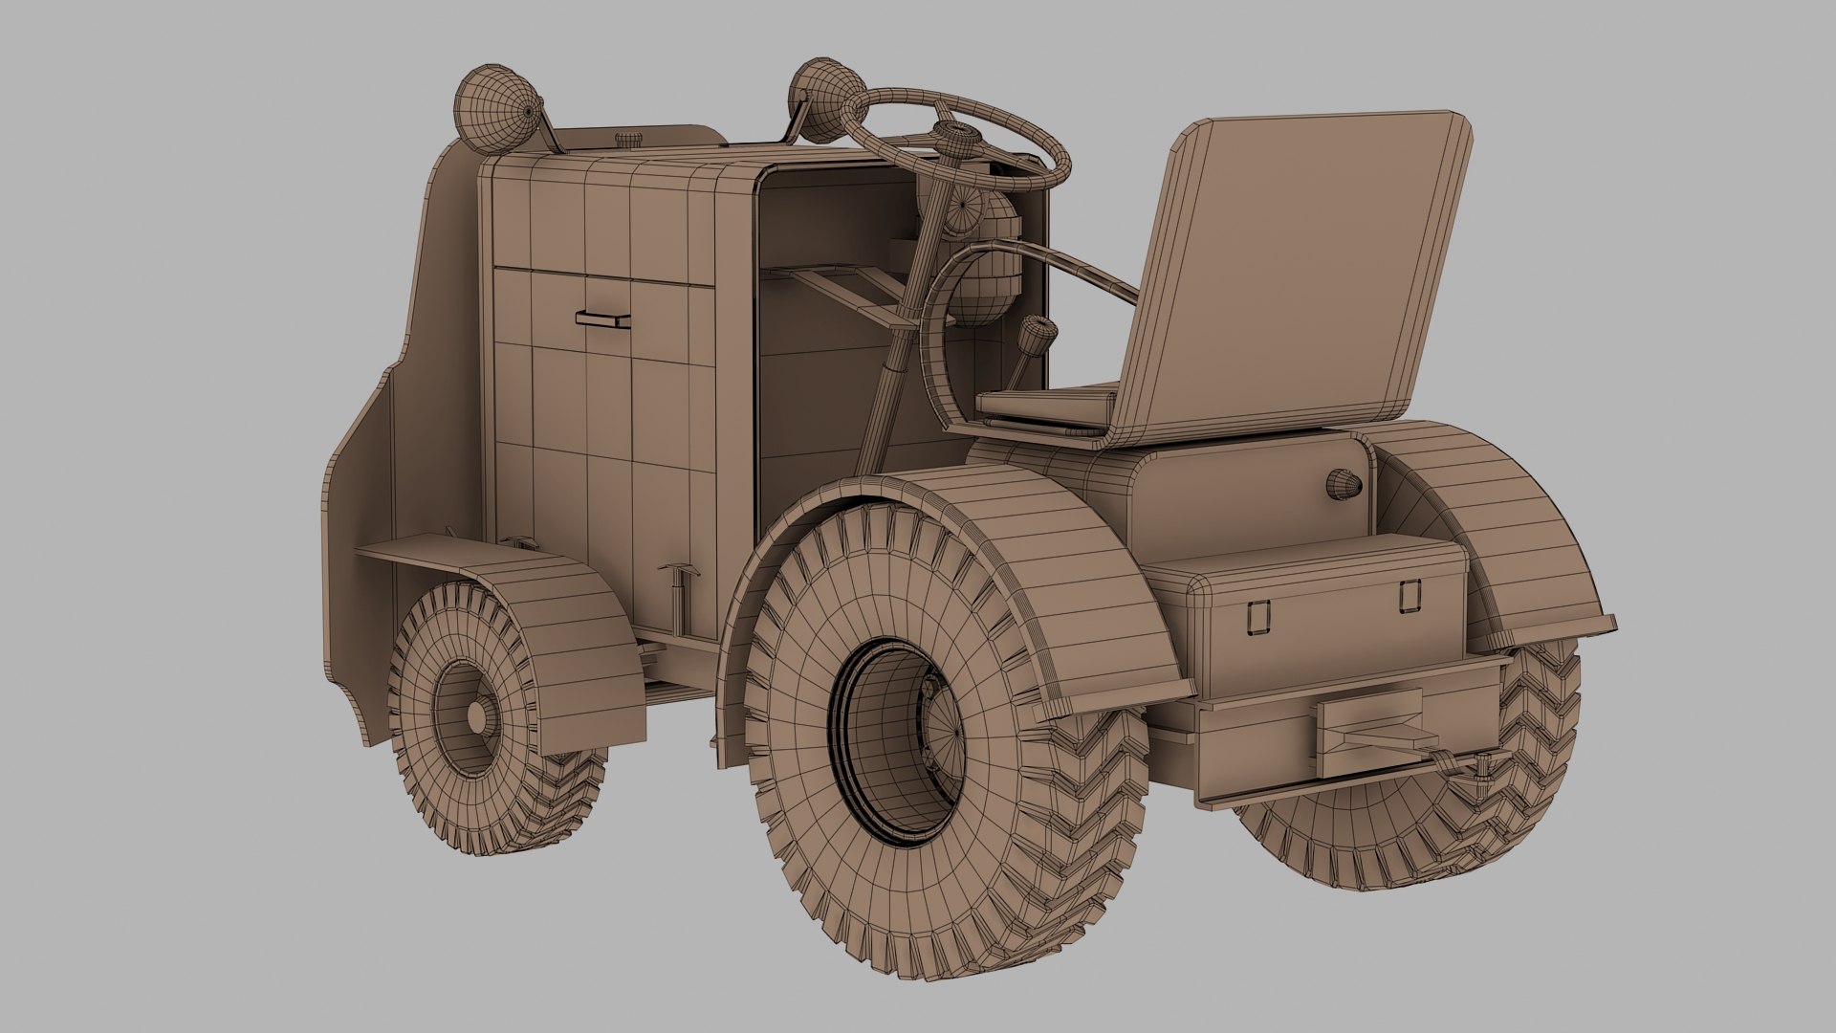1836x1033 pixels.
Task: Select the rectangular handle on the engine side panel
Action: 602,319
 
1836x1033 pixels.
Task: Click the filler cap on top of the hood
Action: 627,140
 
